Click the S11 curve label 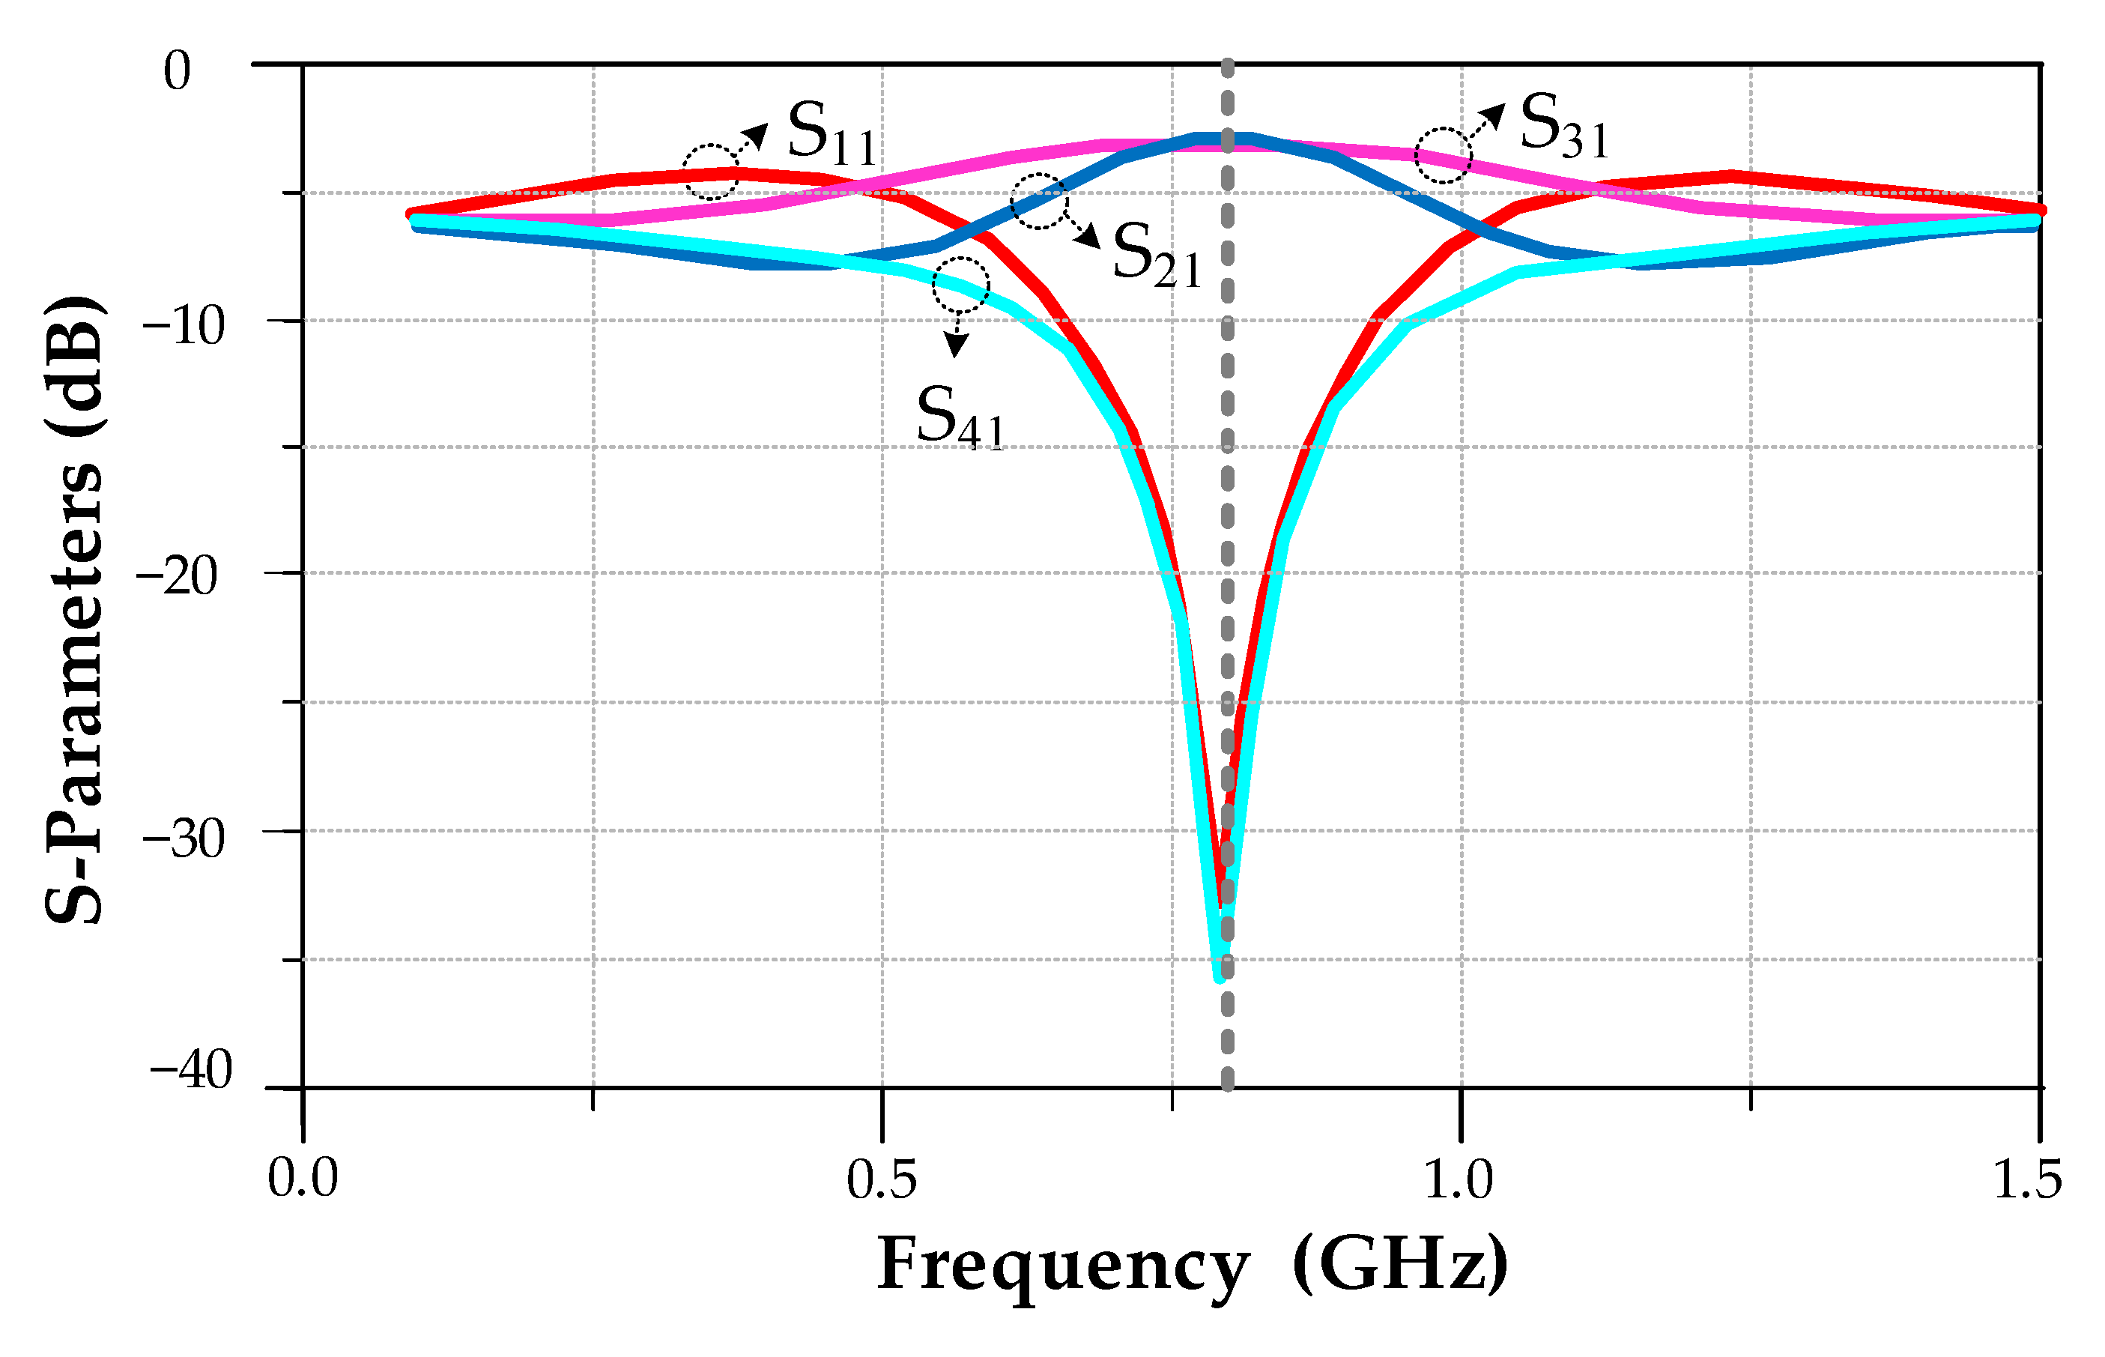(x=832, y=134)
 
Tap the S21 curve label (x=1157, y=256)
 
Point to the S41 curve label (x=960, y=420)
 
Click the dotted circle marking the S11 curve (x=711, y=171)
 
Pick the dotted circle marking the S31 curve (x=1443, y=155)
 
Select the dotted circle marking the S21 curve (x=1038, y=201)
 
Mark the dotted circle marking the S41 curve (x=961, y=285)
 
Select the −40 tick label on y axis (x=190, y=1071)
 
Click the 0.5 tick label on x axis (x=882, y=1179)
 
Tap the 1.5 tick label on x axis (x=2028, y=1179)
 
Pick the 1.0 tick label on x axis (x=1459, y=1179)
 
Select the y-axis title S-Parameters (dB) (x=75, y=608)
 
